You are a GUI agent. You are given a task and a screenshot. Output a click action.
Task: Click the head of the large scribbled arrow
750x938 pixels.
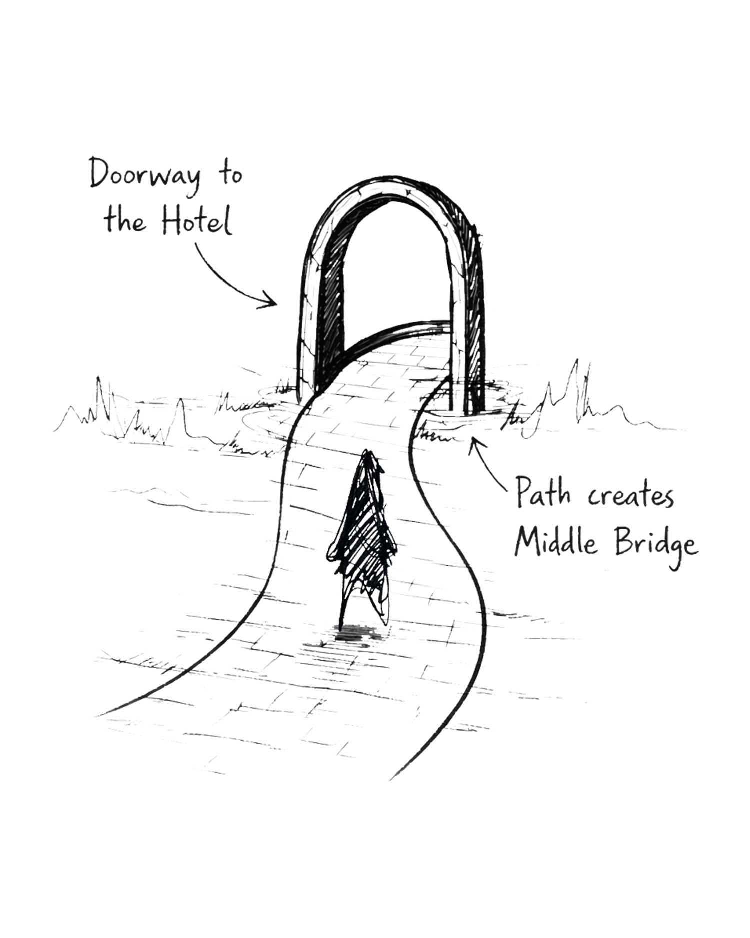pos(368,458)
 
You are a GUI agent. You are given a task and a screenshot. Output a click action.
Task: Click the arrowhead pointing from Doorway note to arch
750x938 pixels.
pos(270,300)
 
